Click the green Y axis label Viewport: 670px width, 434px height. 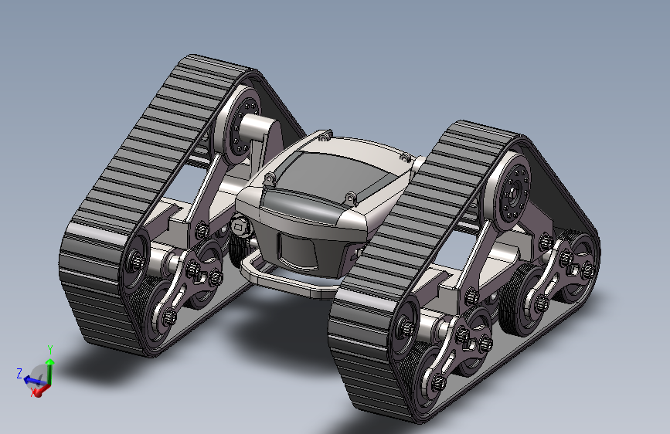[x=50, y=349]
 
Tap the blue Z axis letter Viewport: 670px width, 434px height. [x=19, y=373]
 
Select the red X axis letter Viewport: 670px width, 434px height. [x=33, y=393]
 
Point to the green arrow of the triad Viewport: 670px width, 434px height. [x=50, y=371]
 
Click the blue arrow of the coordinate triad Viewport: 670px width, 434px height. [x=34, y=380]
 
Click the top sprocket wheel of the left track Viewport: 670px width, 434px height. [x=240, y=125]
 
